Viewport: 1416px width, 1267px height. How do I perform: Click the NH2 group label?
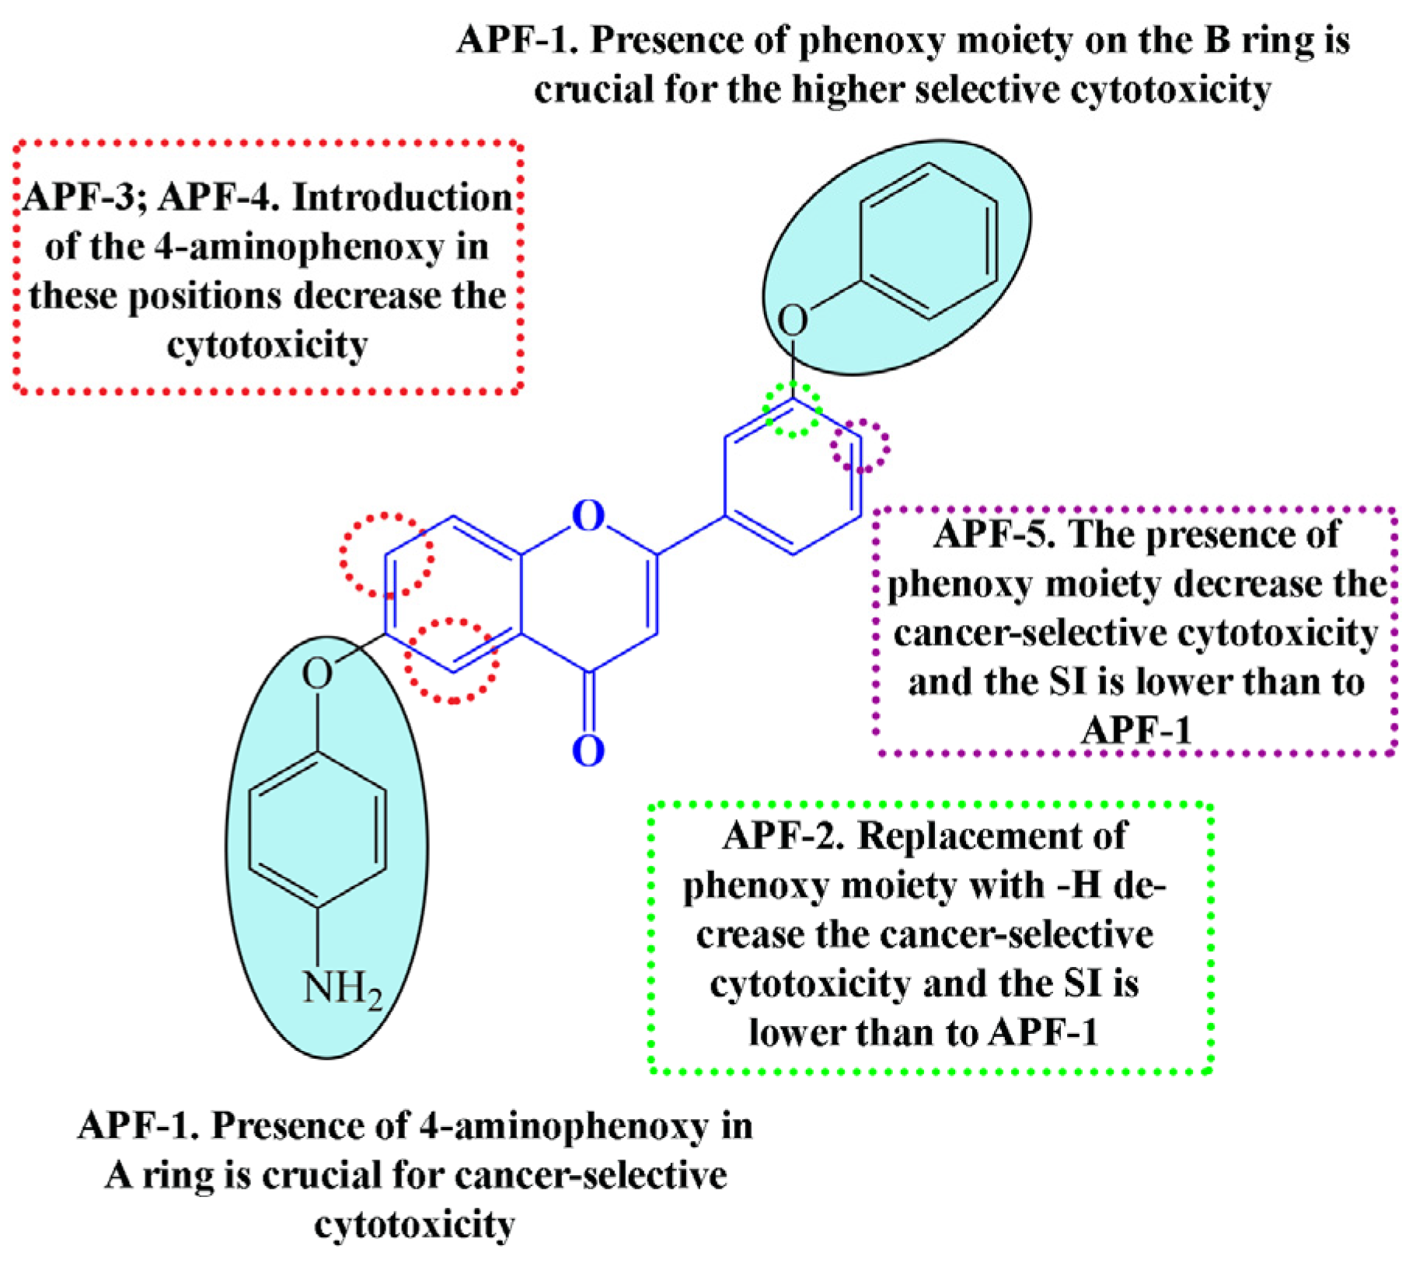click(x=342, y=989)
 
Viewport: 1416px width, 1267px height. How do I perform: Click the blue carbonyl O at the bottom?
click(x=588, y=751)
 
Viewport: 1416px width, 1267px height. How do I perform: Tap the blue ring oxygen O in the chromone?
click(x=588, y=515)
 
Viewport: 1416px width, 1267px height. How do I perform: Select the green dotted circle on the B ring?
click(x=792, y=409)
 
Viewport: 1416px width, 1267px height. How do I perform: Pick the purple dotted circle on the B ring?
click(x=860, y=446)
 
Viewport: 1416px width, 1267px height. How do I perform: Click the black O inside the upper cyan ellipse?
click(x=792, y=319)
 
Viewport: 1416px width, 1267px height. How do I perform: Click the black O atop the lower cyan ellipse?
click(x=317, y=673)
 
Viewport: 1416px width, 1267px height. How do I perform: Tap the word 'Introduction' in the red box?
click(x=403, y=198)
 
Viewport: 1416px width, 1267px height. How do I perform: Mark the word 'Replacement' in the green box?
click(x=992, y=836)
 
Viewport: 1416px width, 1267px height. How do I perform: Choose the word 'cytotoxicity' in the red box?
click(x=267, y=345)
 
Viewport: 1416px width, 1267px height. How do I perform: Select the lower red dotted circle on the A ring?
click(x=451, y=661)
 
